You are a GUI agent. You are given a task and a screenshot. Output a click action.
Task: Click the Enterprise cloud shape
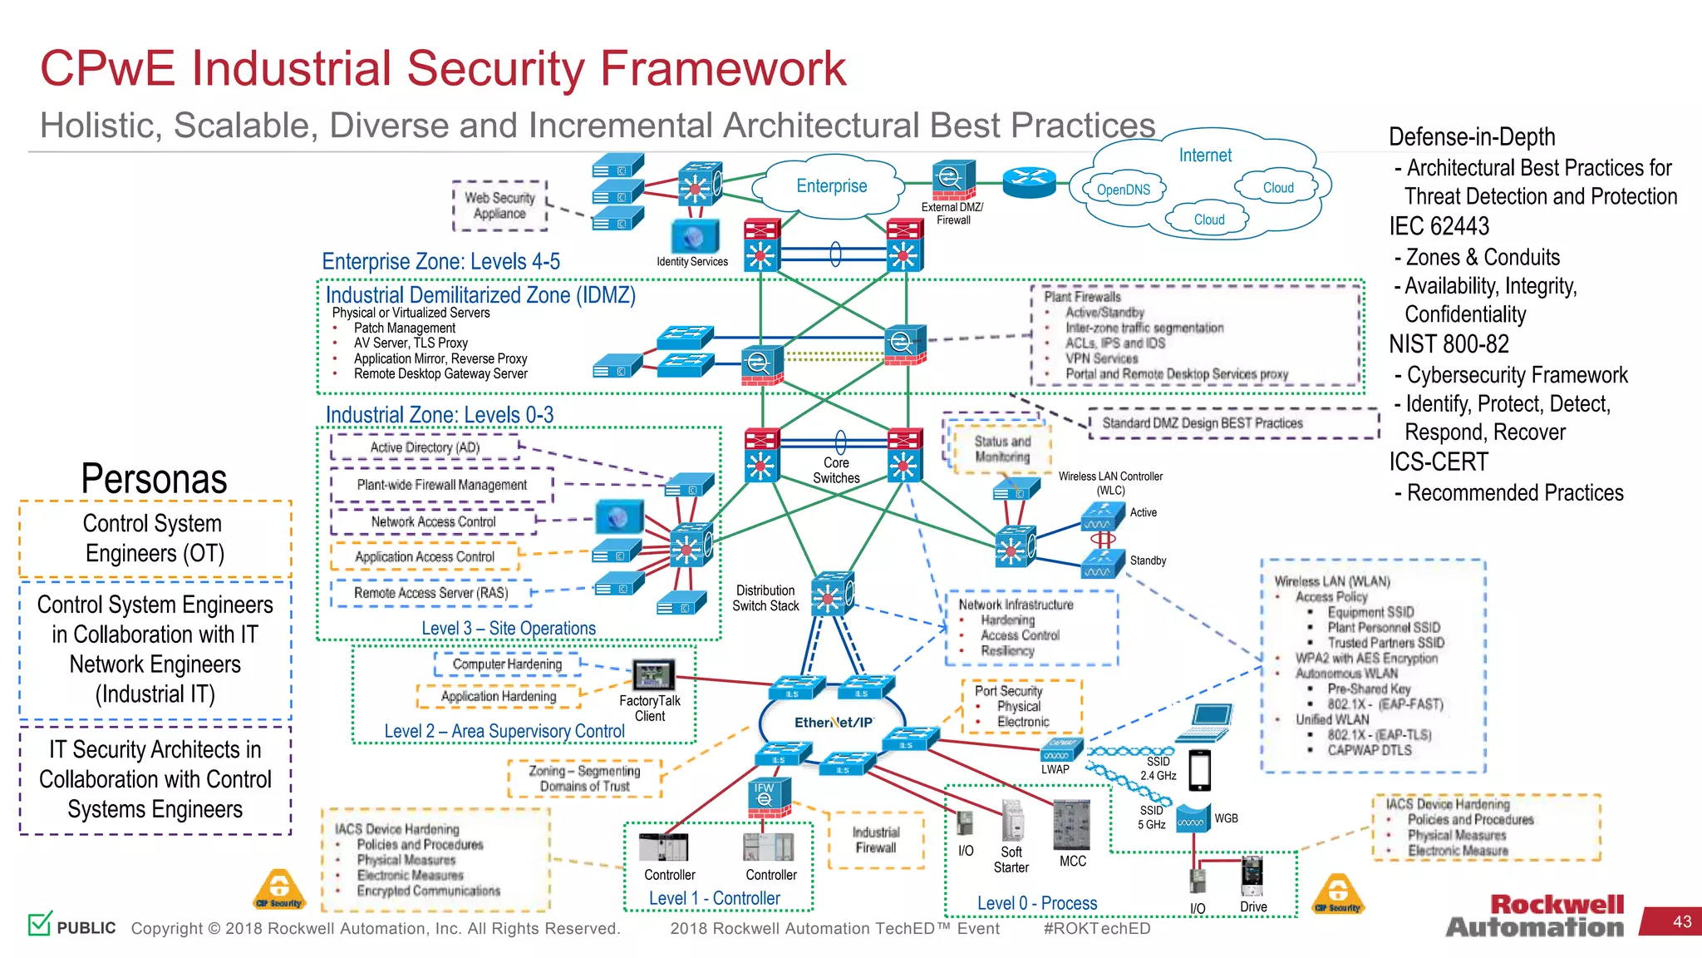click(x=830, y=186)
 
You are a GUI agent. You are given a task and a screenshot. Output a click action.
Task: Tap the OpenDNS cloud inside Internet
click(x=1123, y=190)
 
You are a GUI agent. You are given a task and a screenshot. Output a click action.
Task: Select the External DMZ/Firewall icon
click(x=952, y=178)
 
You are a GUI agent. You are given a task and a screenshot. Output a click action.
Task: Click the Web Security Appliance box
click(x=499, y=205)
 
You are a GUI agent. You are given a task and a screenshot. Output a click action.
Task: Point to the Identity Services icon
click(x=693, y=238)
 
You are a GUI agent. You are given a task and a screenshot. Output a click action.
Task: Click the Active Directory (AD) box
click(x=425, y=447)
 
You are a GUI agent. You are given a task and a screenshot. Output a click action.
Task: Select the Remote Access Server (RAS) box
click(x=430, y=593)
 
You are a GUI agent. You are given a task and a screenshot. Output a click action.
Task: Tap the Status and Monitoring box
click(x=1001, y=449)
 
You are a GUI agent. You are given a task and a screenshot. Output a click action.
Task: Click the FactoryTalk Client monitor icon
click(x=653, y=674)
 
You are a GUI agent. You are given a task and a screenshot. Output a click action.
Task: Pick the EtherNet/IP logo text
click(x=834, y=723)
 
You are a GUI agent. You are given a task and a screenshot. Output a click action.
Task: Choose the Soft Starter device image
click(x=1012, y=822)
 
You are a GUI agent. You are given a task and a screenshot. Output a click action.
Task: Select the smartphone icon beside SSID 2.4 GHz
click(x=1199, y=770)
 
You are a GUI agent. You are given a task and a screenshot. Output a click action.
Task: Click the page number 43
click(x=1681, y=921)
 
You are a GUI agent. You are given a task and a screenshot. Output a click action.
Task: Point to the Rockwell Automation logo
click(x=1535, y=916)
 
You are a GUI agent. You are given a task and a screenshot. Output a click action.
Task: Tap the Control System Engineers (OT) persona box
click(x=155, y=539)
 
